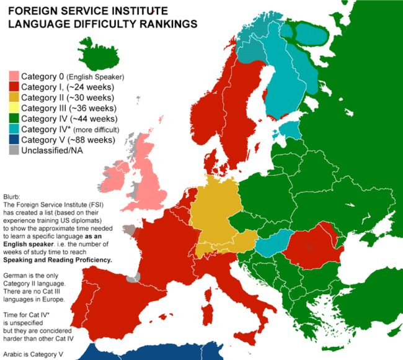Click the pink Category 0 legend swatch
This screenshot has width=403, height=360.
point(13,76)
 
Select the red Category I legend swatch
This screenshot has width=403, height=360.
point(13,87)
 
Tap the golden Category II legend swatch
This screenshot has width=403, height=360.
point(13,97)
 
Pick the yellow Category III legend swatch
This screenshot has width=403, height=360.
point(13,108)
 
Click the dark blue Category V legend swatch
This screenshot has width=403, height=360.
point(13,140)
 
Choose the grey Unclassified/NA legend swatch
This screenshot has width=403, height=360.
point(13,150)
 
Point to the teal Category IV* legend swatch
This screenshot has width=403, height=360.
point(13,129)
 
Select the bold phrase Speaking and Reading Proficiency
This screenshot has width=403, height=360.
point(57,260)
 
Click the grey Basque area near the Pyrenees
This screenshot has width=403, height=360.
point(132,277)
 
